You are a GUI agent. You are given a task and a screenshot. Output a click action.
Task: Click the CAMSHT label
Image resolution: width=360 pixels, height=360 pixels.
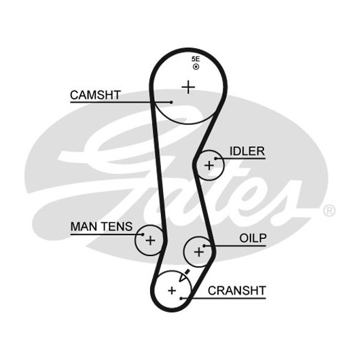click(95, 95)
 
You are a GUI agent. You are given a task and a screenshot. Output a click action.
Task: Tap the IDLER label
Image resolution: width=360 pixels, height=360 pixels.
click(247, 151)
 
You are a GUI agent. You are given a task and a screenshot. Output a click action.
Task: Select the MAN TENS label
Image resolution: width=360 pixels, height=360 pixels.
click(101, 227)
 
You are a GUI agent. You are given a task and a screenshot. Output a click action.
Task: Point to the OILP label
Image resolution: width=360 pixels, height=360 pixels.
click(253, 238)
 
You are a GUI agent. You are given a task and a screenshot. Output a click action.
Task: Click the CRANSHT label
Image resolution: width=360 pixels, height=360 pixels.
click(237, 291)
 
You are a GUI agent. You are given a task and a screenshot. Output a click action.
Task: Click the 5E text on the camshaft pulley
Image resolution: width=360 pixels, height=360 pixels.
click(196, 59)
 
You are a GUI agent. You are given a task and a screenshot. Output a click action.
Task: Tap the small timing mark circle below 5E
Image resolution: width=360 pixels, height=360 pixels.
click(196, 67)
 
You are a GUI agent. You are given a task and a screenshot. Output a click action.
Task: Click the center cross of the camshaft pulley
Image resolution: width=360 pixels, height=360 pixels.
click(188, 87)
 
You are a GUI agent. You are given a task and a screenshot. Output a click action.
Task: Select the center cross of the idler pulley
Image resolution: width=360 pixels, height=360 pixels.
click(209, 166)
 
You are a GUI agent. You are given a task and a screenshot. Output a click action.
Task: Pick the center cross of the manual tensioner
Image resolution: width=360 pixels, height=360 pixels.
click(150, 240)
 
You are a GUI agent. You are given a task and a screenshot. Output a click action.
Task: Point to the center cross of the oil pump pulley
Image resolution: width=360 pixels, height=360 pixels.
click(199, 252)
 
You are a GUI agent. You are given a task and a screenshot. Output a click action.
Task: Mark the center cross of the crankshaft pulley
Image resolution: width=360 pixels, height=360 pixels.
click(172, 291)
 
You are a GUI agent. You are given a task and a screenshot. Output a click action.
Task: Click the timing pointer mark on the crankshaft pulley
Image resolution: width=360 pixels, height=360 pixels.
click(184, 276)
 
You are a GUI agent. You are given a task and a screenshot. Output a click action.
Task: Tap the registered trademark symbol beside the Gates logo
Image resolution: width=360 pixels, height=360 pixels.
click(329, 211)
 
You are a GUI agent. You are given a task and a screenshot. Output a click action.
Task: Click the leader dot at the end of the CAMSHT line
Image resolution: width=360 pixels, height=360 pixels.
click(171, 102)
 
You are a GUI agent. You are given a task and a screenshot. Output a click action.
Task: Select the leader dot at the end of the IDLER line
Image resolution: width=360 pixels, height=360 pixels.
click(215, 158)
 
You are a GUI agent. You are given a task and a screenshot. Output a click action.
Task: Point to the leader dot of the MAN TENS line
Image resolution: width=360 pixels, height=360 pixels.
click(143, 234)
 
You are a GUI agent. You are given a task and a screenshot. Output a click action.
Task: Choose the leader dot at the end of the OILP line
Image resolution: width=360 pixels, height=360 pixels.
click(204, 246)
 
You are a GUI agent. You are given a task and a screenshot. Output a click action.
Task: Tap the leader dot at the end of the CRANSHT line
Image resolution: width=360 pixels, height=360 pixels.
click(181, 298)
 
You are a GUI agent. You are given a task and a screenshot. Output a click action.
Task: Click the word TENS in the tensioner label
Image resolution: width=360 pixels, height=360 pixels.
click(117, 227)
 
